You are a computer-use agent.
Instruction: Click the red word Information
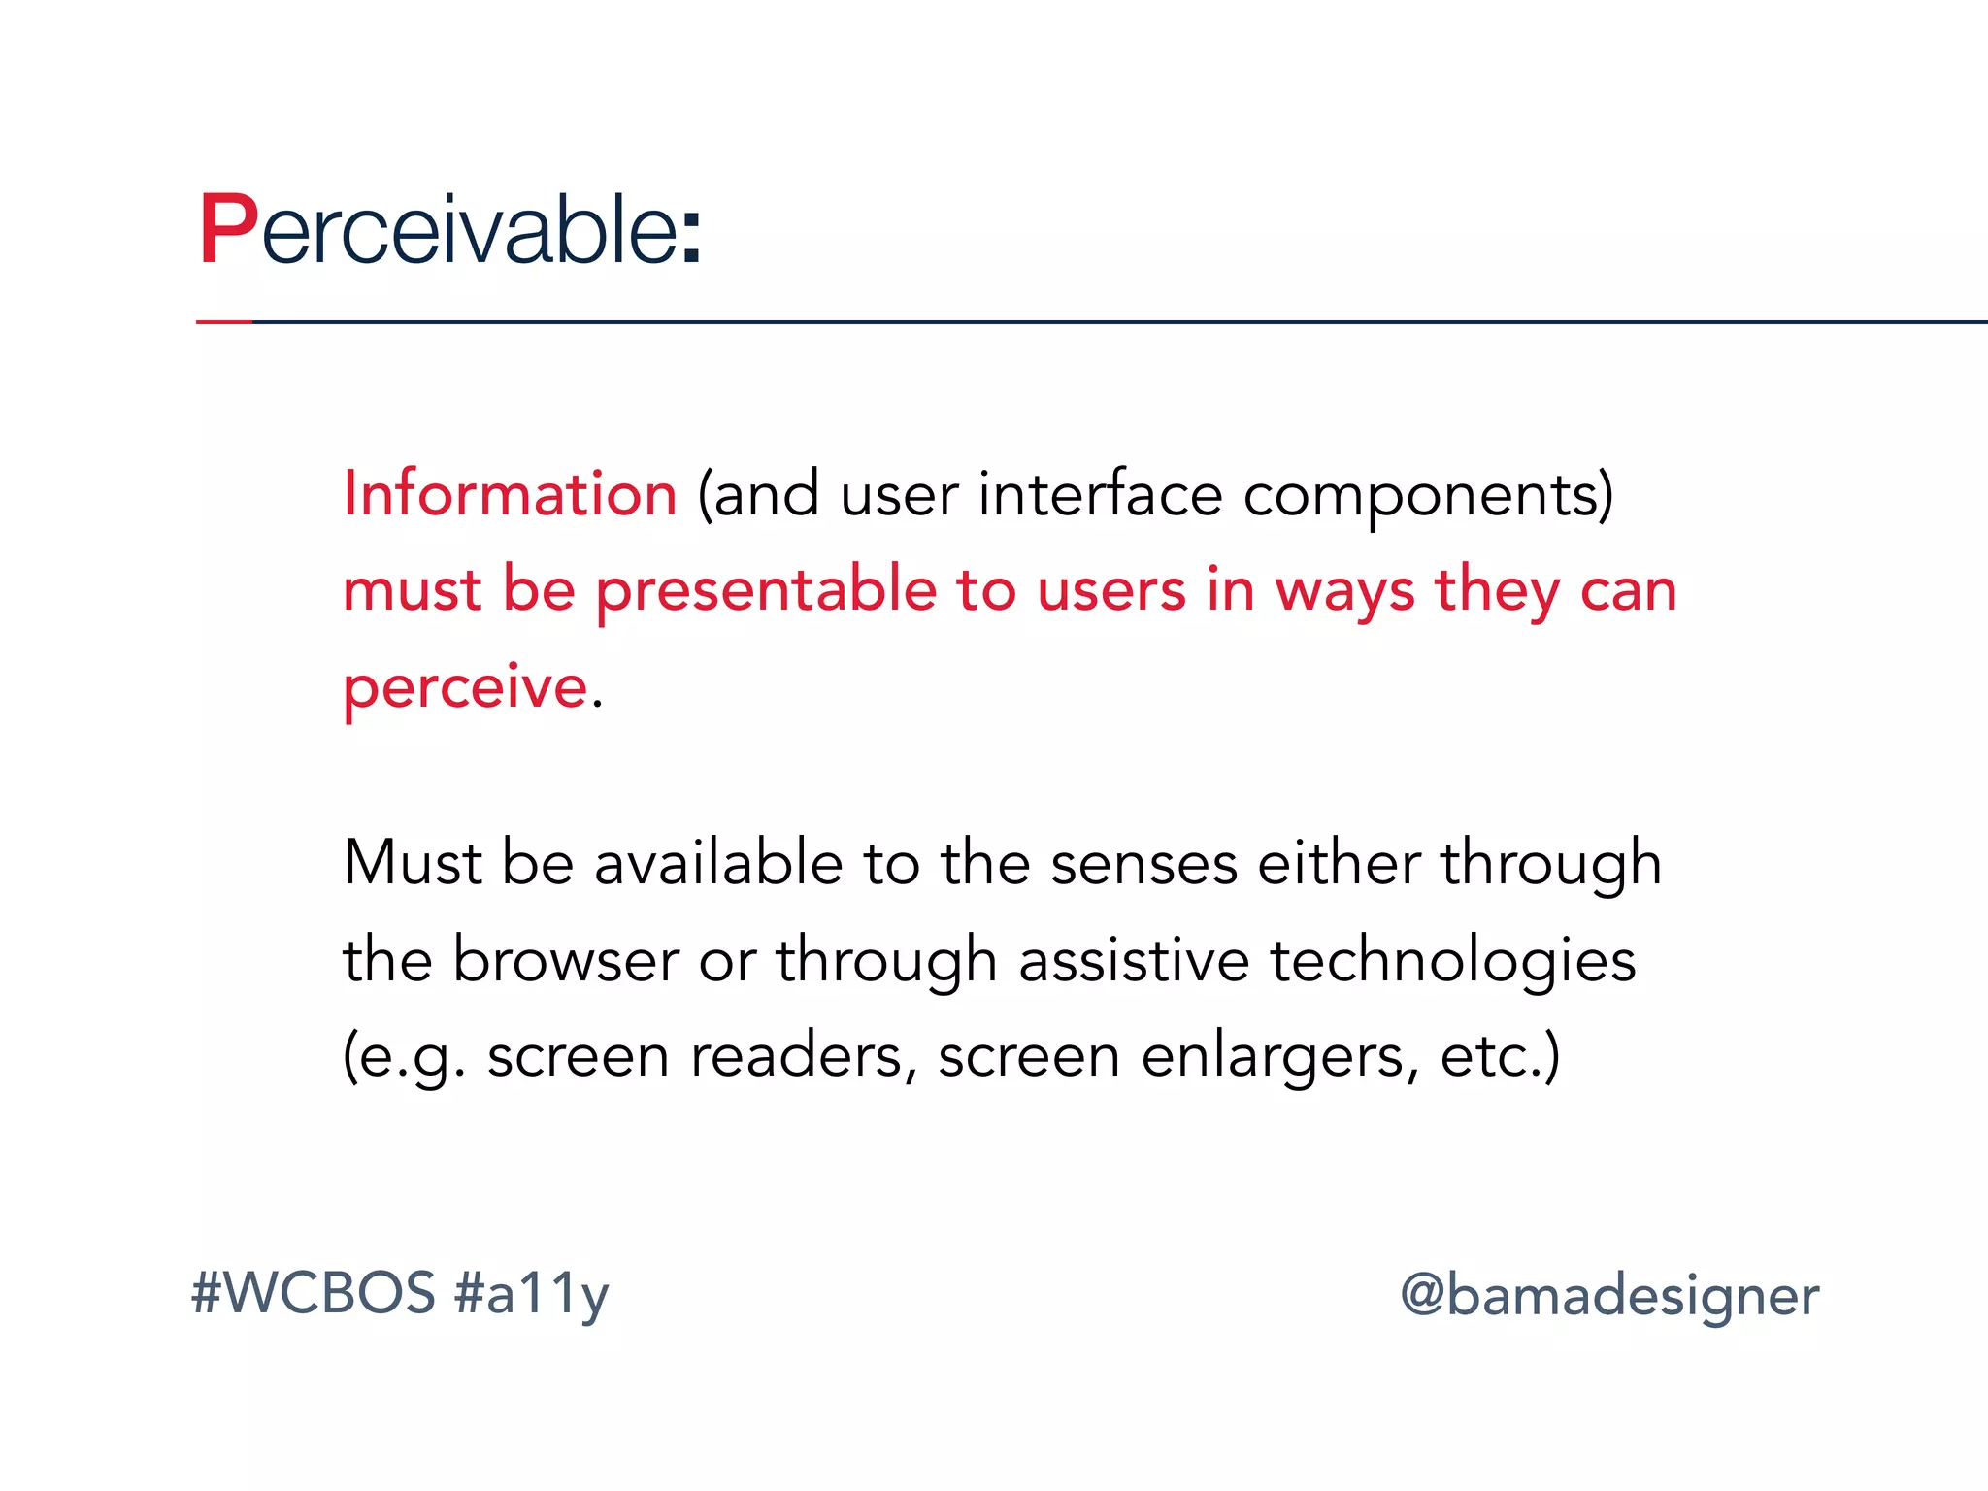510,493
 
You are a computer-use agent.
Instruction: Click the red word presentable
766,591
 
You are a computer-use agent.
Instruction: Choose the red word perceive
466,688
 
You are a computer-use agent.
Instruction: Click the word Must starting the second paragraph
412,862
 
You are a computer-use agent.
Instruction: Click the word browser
565,960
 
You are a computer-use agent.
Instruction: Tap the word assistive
1134,960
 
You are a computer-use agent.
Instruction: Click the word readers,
803,1056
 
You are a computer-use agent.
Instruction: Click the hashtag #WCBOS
313,1293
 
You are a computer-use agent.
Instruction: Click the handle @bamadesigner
1608,1296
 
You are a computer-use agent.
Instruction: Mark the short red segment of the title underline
223,321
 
